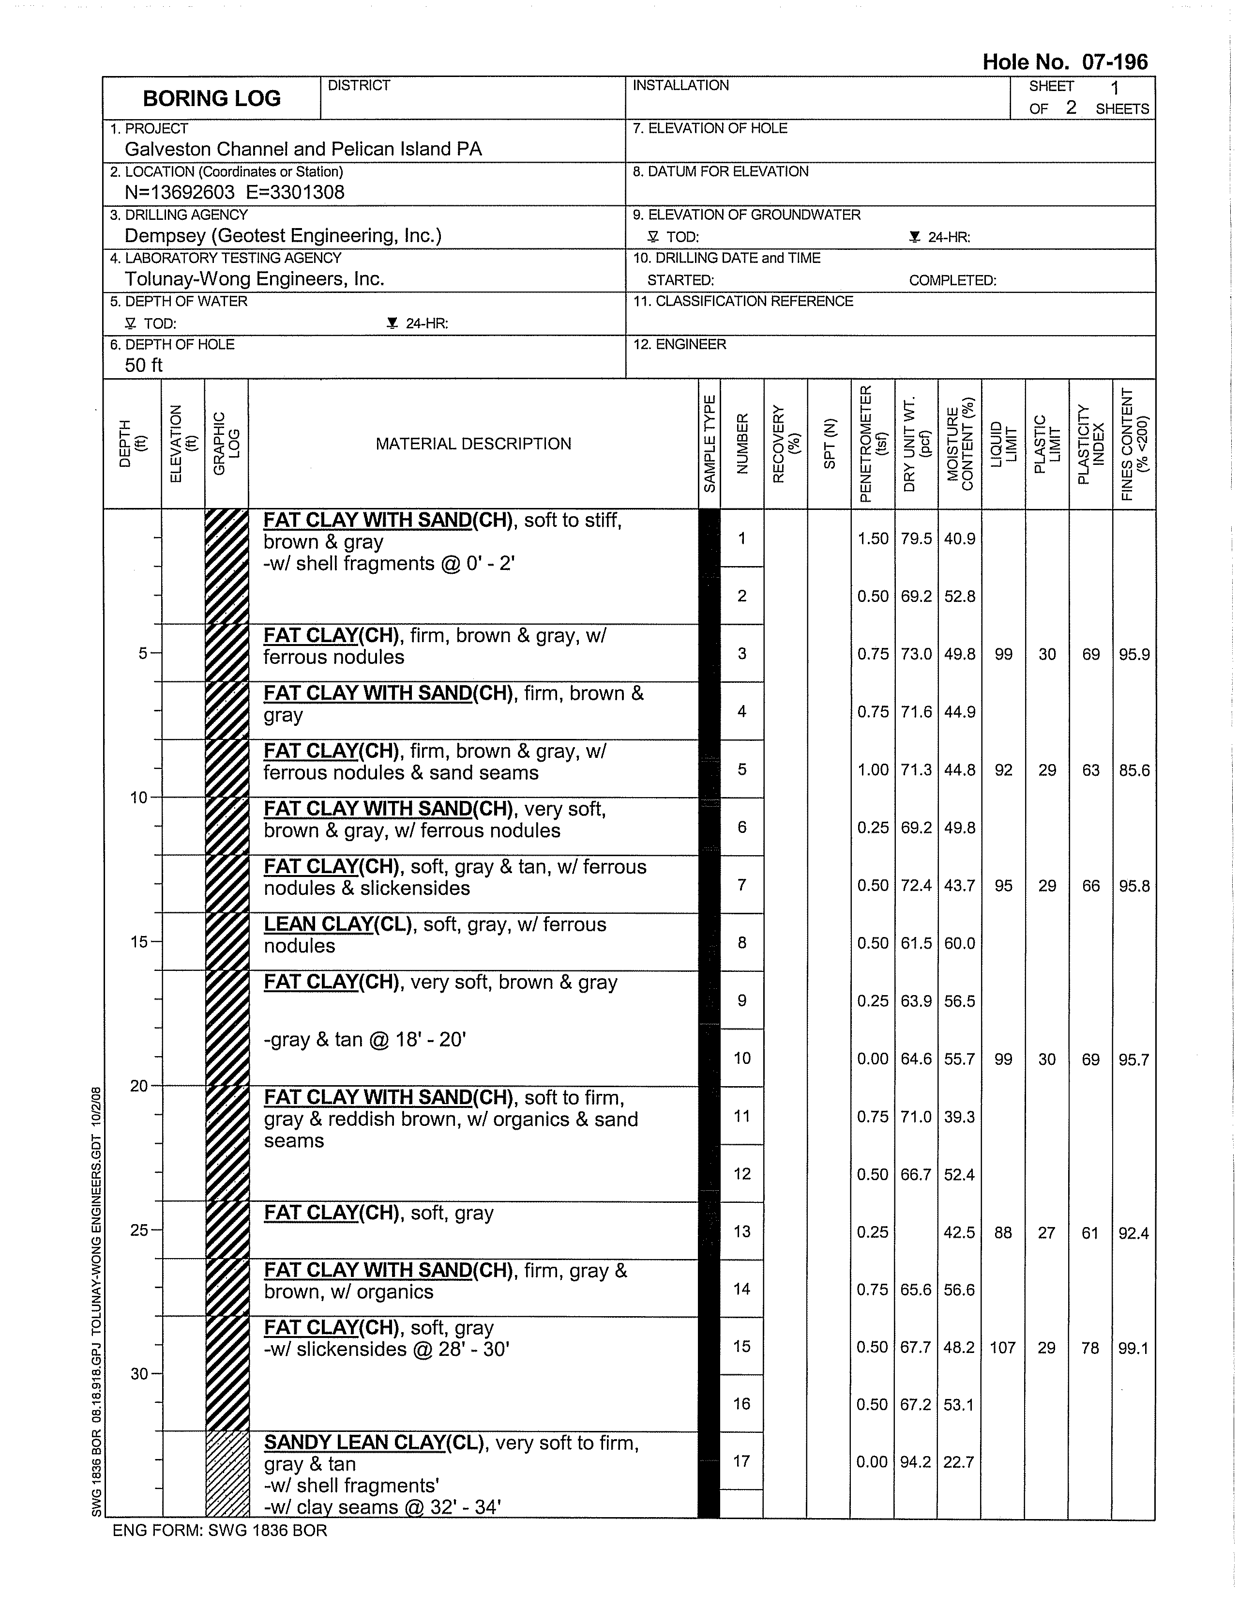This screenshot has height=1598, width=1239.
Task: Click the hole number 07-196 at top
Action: [1064, 62]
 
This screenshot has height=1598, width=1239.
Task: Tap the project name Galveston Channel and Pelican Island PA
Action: [303, 149]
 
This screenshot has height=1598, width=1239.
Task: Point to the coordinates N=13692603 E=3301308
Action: [234, 192]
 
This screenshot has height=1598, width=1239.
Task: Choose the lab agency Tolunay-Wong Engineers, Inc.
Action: [254, 279]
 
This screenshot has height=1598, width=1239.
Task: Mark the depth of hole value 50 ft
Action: [143, 365]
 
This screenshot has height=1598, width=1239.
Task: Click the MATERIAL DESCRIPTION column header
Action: [473, 444]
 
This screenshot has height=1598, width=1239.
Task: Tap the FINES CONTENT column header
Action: [1133, 444]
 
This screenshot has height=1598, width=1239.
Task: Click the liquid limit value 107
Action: [1003, 1347]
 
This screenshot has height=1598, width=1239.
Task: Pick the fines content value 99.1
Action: [1133, 1347]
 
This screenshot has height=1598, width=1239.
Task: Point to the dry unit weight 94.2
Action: [916, 1462]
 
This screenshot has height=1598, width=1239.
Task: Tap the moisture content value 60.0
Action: [959, 943]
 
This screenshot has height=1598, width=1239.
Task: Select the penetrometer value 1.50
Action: [873, 538]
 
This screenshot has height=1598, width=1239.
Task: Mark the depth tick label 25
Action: [139, 1230]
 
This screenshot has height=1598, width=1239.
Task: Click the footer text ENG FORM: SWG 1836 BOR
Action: [219, 1531]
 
